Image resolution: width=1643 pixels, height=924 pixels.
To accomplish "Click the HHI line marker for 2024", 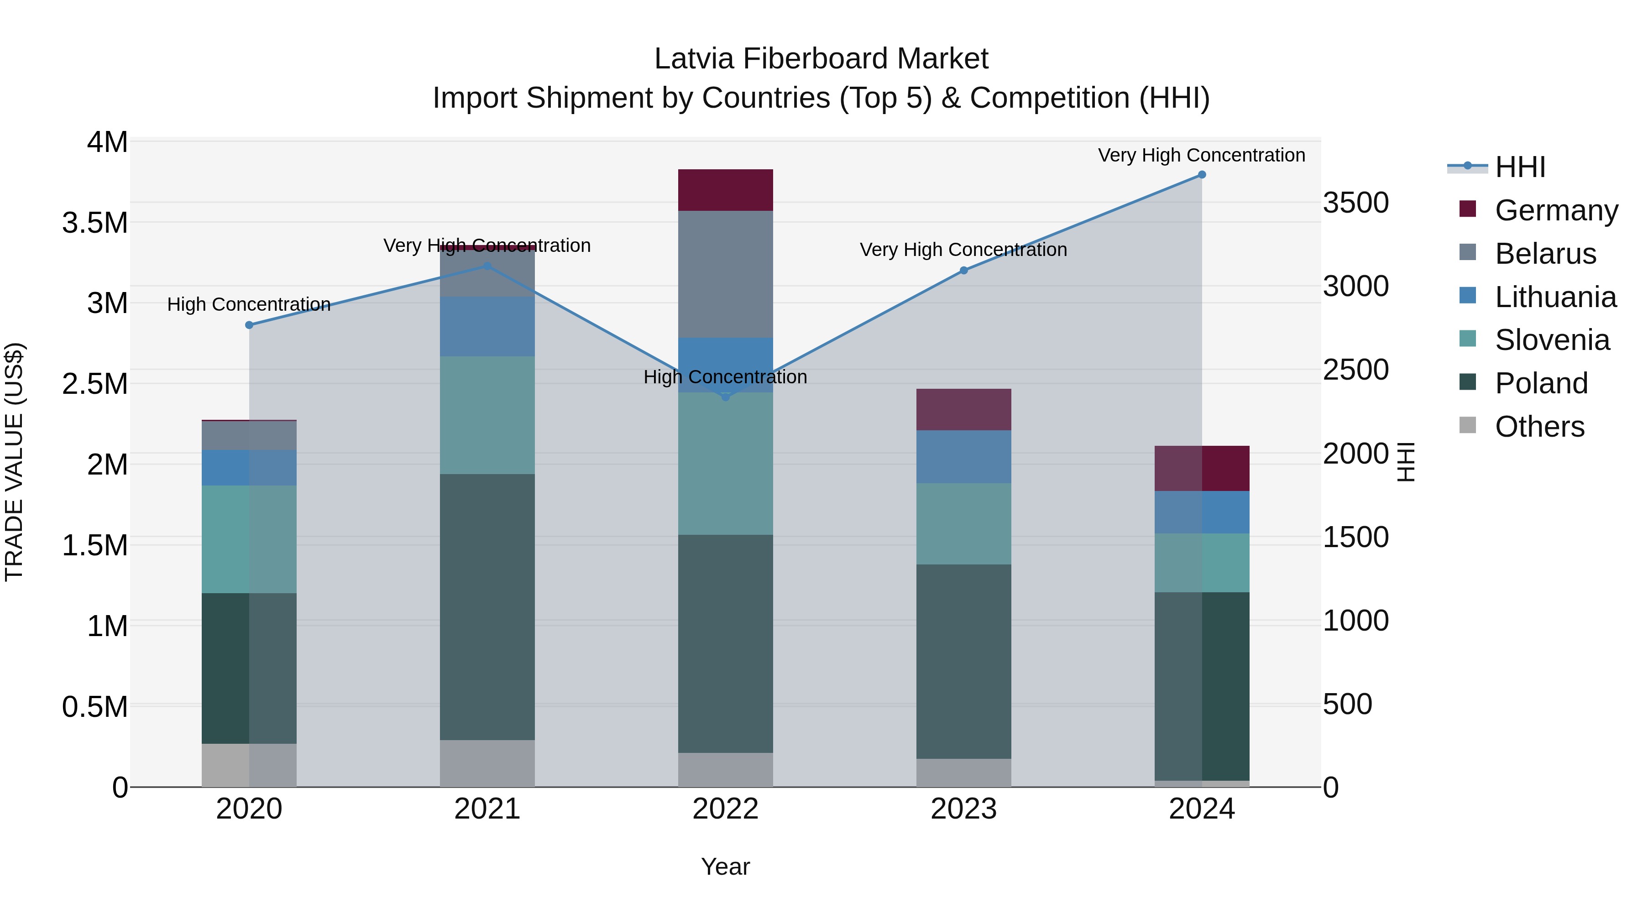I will click(1202, 175).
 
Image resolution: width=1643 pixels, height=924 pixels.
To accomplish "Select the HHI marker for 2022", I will click(725, 397).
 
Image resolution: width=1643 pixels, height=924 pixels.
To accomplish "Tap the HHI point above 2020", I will click(249, 325).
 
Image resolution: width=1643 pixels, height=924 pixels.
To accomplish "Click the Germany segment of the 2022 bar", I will click(725, 190).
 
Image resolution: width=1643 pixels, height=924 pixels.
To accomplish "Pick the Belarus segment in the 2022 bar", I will click(725, 274).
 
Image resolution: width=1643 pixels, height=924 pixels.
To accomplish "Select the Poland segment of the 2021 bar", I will click(487, 606).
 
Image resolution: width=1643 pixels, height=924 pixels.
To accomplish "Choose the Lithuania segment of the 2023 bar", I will click(964, 457).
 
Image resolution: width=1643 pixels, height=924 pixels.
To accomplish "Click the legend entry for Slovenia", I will click(1551, 340).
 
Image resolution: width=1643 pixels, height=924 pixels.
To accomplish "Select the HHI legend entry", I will click(1519, 167).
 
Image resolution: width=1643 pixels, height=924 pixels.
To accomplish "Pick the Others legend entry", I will click(1538, 427).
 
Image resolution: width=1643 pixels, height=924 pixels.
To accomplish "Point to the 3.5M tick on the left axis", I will click(95, 223).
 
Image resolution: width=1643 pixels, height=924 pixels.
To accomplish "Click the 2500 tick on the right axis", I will click(1356, 370).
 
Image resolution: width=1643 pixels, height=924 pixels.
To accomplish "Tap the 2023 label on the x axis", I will click(964, 809).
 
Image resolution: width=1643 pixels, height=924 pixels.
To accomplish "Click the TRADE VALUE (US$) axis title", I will click(14, 462).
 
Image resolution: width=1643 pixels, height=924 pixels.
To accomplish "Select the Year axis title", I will click(725, 867).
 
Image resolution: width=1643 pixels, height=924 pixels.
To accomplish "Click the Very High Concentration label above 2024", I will click(1202, 155).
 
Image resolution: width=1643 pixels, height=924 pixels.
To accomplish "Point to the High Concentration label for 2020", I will click(249, 304).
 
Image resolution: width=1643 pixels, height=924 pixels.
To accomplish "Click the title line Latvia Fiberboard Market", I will click(821, 59).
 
